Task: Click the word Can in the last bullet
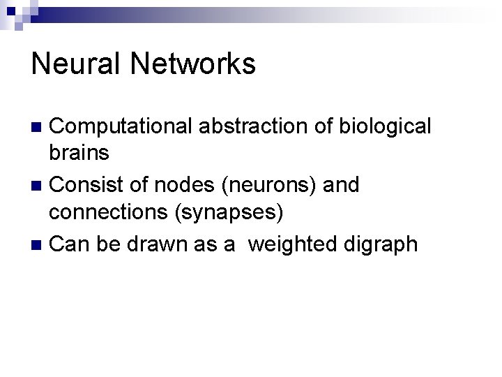click(x=70, y=244)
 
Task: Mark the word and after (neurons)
click(x=339, y=185)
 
